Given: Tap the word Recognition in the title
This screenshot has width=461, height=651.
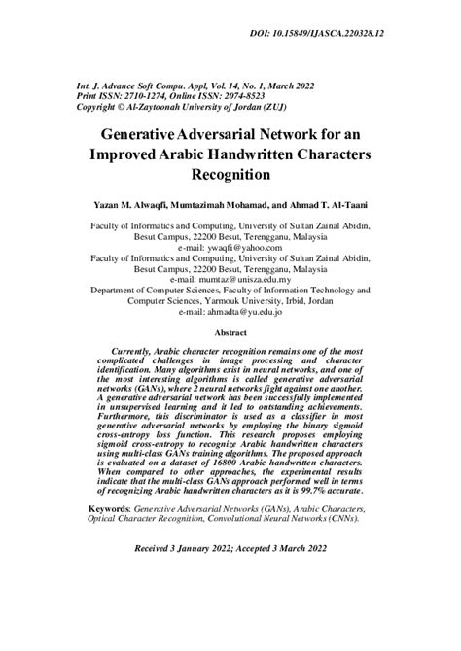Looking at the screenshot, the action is pos(230,176).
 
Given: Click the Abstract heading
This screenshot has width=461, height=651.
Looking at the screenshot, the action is pos(230,332).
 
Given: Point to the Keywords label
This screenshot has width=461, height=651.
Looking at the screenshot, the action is pos(108,508).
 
